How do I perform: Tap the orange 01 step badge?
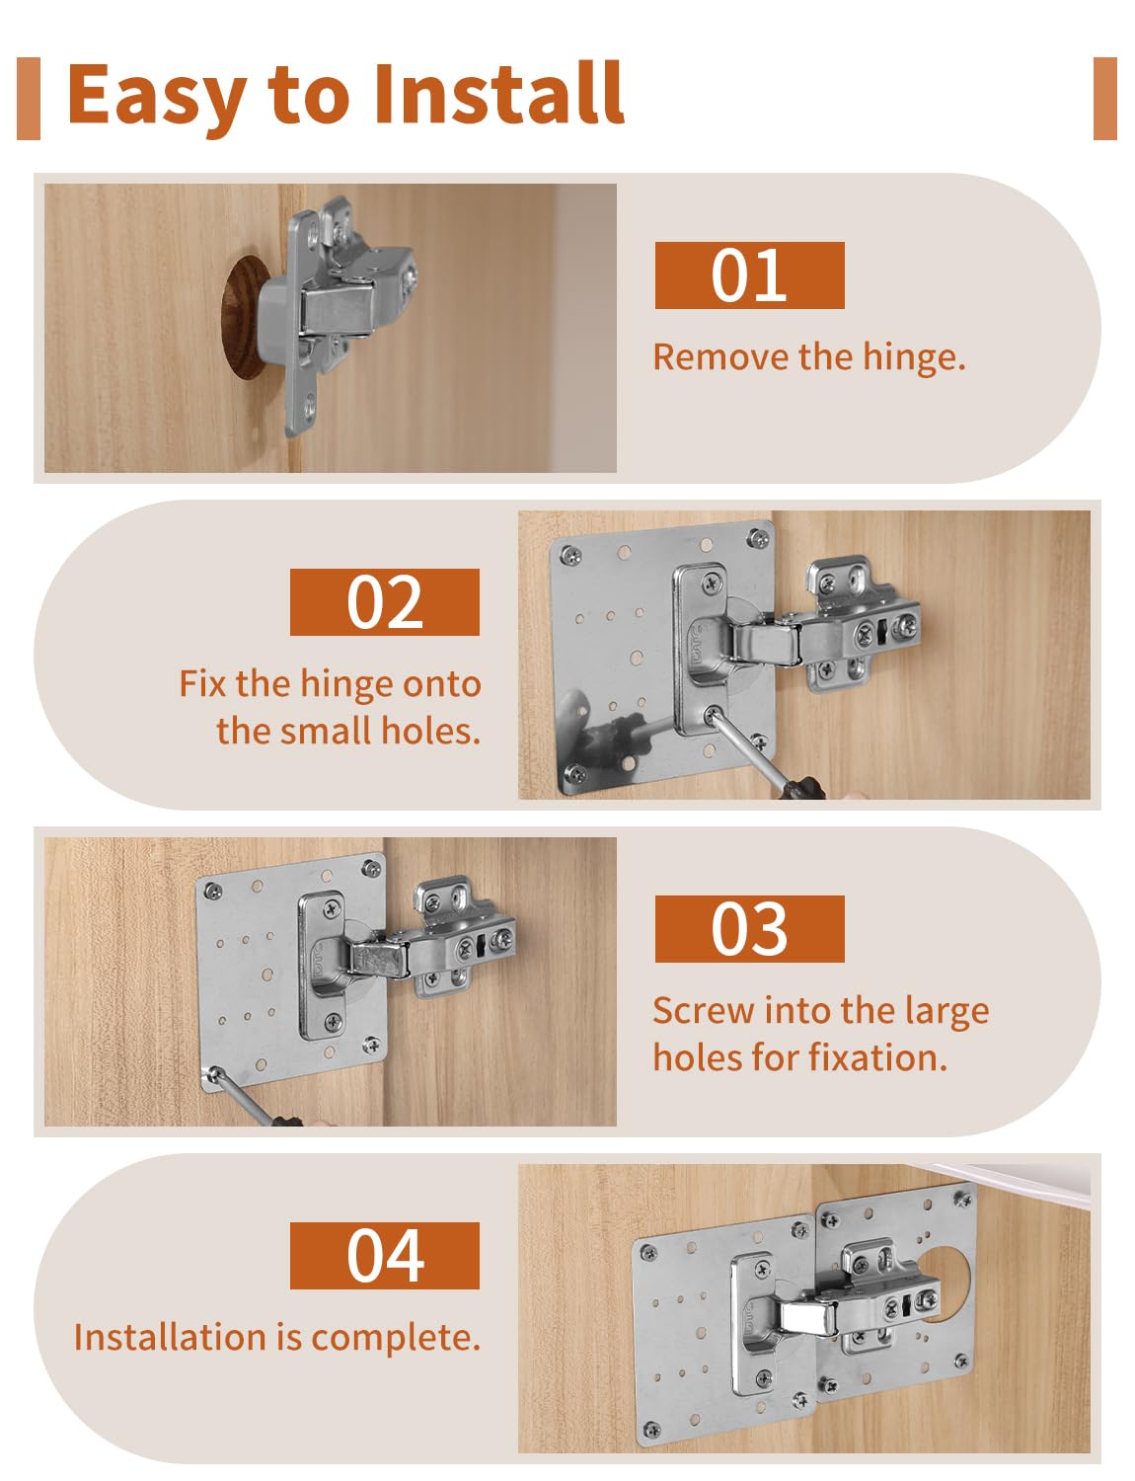(749, 275)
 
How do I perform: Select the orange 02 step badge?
(384, 602)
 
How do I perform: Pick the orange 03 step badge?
(749, 929)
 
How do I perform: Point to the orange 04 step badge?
(384, 1256)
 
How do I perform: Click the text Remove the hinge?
(808, 357)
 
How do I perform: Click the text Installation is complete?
(276, 1338)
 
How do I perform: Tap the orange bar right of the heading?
(1104, 98)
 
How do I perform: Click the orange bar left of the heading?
(29, 98)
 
